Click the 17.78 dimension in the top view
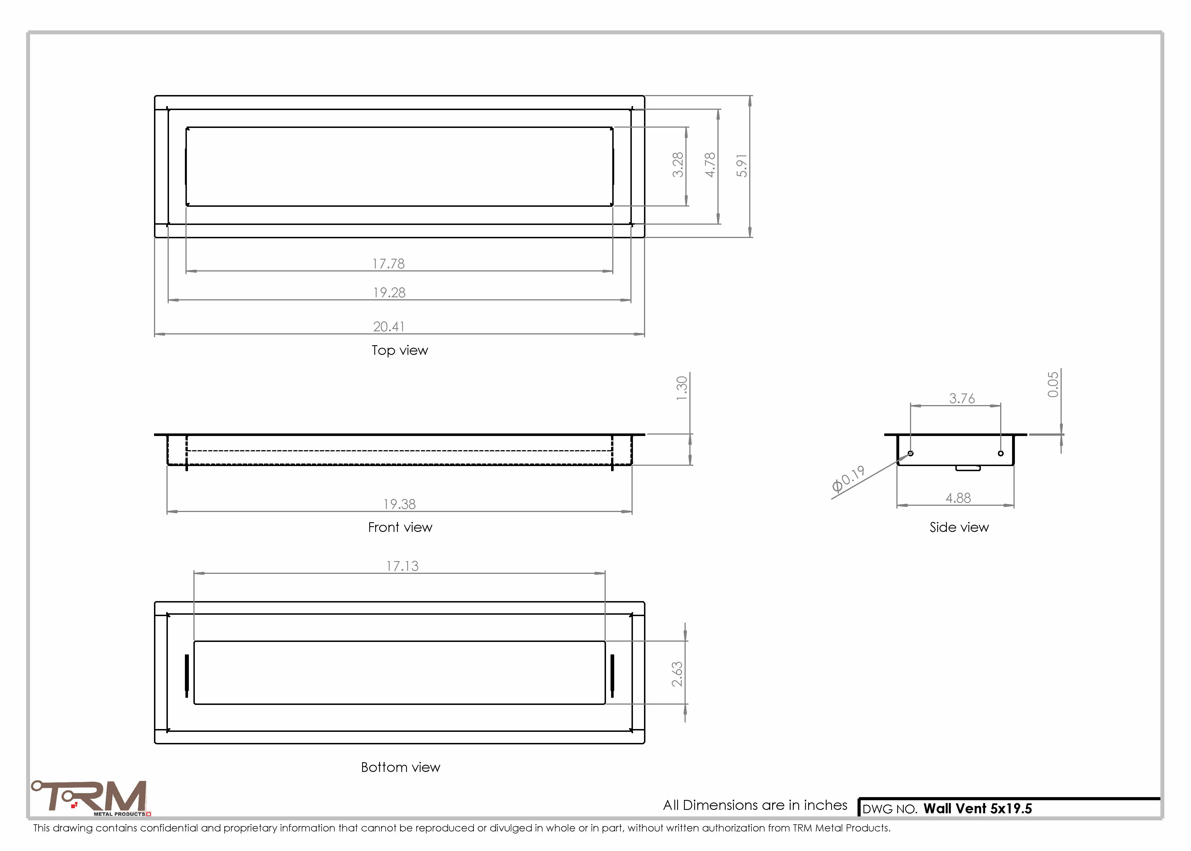tap(388, 264)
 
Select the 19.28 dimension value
tap(389, 292)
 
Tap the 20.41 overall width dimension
tap(388, 327)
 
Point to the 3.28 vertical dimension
tap(678, 165)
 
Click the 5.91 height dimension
tap(742, 166)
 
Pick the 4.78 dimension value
tap(710, 165)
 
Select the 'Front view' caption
tap(400, 527)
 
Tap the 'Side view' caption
tap(959, 527)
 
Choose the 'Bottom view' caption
tap(401, 767)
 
